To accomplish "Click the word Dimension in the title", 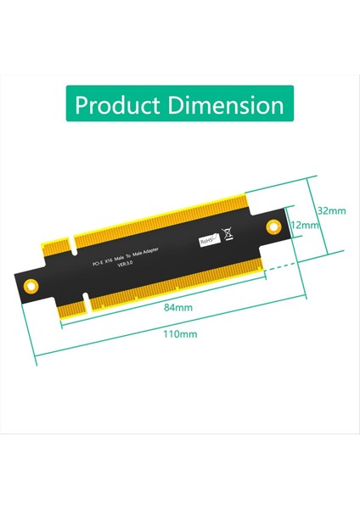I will (228, 105).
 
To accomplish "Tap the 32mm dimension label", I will (331, 210).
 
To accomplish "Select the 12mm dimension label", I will (304, 226).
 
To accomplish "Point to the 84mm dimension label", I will (177, 307).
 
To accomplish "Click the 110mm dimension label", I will (179, 333).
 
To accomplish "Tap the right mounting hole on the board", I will (273, 226).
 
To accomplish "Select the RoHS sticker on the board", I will (208, 240).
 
